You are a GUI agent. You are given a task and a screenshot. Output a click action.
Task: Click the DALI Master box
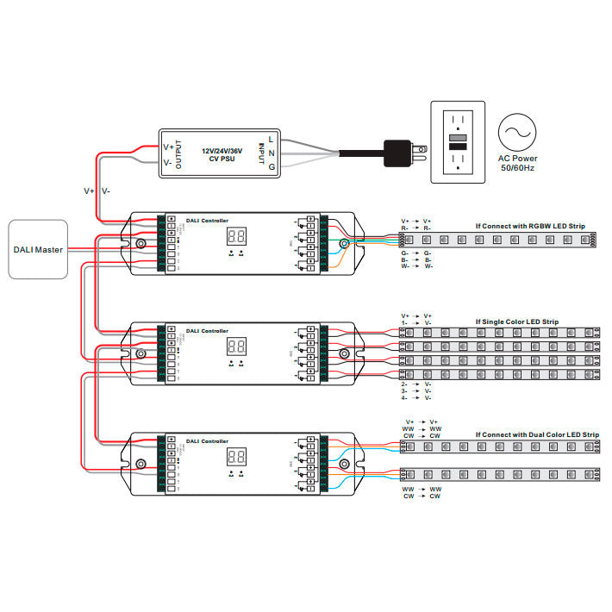tap(39, 249)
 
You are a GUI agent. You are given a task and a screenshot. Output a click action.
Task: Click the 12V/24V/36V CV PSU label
tap(222, 154)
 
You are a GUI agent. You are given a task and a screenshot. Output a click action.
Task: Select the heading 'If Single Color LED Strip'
tap(516, 322)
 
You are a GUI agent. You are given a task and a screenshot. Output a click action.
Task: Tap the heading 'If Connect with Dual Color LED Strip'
tap(537, 435)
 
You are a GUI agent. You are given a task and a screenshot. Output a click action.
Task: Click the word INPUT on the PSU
tap(261, 154)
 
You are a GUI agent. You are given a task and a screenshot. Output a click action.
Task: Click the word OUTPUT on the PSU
tap(178, 154)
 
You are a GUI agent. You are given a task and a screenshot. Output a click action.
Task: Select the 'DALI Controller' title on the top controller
tap(208, 220)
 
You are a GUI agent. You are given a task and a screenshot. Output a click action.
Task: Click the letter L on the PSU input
tap(272, 138)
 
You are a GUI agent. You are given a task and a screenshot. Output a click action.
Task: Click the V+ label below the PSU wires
tap(89, 190)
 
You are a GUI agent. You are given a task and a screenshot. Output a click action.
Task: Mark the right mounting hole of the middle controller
tap(343, 354)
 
